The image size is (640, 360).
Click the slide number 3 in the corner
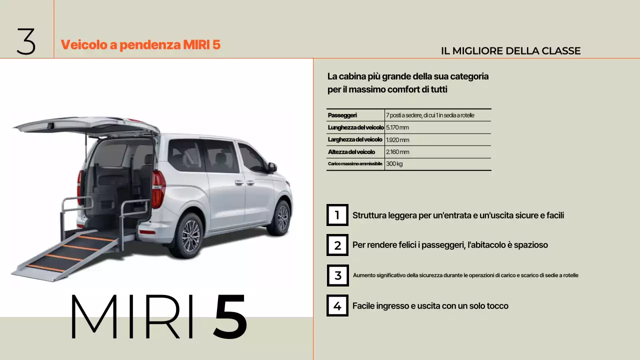point(26,41)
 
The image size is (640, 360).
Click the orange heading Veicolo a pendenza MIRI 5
point(140,44)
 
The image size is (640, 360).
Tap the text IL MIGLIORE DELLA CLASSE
point(510,51)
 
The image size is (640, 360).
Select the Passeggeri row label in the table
point(342,115)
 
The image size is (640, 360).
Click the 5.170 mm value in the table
point(397,127)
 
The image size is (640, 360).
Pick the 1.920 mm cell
point(397,140)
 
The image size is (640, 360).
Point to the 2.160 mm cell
point(397,152)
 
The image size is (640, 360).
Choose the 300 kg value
point(394,164)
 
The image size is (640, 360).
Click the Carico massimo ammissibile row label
point(355,164)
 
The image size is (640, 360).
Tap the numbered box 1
point(337,215)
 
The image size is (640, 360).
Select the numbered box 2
point(337,245)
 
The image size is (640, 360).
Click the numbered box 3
point(337,275)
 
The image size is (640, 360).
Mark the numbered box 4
point(337,305)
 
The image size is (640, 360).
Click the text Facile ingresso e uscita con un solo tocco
point(430,306)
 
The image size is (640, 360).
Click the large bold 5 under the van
point(230,316)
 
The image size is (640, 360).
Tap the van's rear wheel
point(190,235)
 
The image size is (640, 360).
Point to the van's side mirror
point(272,167)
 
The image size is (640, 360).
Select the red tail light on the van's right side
point(158,188)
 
